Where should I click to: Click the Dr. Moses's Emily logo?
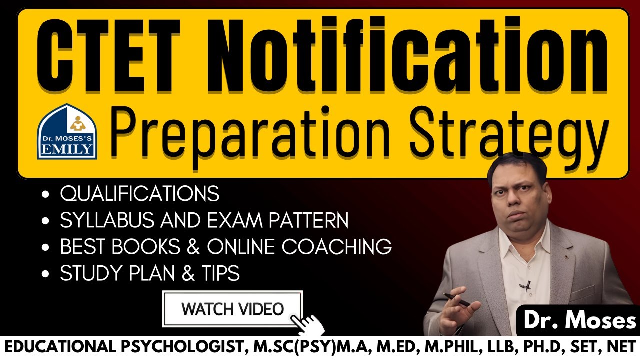pyautogui.click(x=67, y=131)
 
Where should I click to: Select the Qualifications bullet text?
pyautogui.click(x=139, y=194)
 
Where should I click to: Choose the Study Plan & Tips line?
pyautogui.click(x=149, y=273)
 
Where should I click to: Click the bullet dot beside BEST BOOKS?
pyautogui.click(x=46, y=247)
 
